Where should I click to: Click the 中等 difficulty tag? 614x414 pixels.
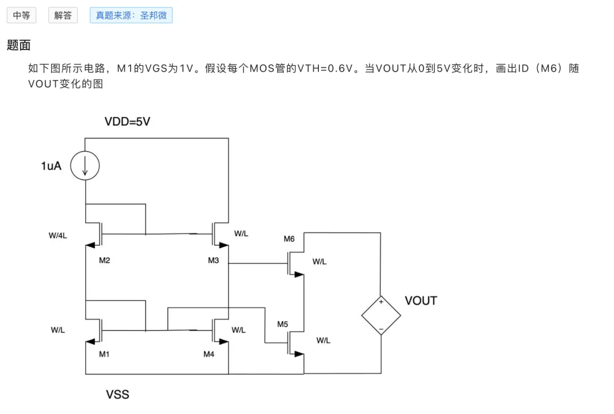[x=22, y=15]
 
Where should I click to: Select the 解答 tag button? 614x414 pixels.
[x=63, y=15]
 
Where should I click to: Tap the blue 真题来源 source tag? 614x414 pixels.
[x=131, y=15]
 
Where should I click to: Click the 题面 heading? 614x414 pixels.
[x=19, y=45]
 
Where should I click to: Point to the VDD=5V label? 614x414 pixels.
[x=127, y=122]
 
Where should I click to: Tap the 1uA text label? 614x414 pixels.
[x=51, y=166]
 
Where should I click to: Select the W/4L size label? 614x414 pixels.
[x=58, y=236]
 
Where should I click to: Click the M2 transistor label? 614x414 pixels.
[x=105, y=260]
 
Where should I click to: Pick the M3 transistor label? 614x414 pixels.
[x=213, y=260]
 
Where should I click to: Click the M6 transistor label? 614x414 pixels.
[x=289, y=239]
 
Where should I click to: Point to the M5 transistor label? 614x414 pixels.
[x=283, y=324]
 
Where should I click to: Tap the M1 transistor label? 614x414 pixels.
[x=104, y=354]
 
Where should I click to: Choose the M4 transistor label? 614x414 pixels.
[x=209, y=354]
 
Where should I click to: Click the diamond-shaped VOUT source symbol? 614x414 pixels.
[x=362, y=315]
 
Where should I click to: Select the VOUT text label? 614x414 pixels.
[x=421, y=300]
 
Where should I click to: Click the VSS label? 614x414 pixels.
[x=118, y=395]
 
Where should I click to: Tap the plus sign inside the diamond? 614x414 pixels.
[x=381, y=302]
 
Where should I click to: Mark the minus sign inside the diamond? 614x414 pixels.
[x=381, y=329]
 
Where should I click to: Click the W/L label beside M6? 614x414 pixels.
[x=320, y=262]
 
